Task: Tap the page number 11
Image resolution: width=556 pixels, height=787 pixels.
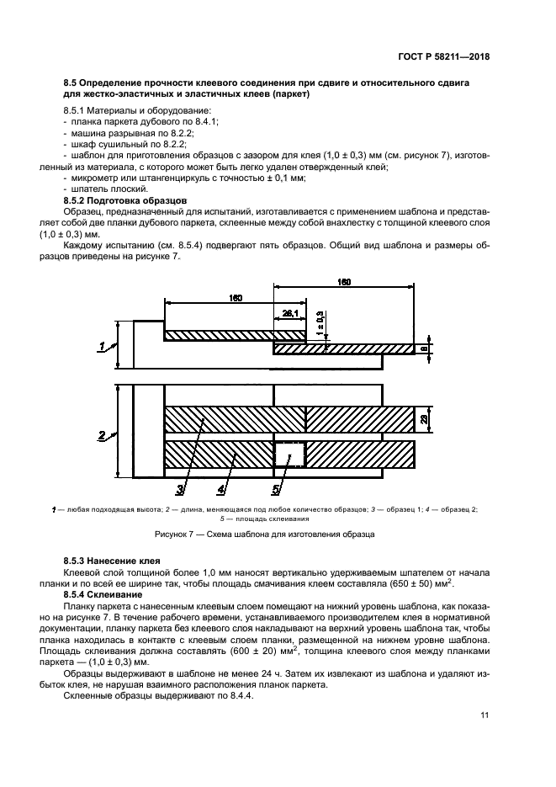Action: point(485,715)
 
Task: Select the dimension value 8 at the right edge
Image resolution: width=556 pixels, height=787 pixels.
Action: point(426,347)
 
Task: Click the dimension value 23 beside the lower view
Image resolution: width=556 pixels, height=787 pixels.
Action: point(426,418)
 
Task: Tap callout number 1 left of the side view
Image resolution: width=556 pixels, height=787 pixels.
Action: point(102,345)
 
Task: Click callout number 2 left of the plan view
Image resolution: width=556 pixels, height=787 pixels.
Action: point(102,435)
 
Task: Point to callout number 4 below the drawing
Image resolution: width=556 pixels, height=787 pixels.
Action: point(222,489)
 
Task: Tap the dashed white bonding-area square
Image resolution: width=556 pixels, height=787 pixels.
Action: point(288,455)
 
